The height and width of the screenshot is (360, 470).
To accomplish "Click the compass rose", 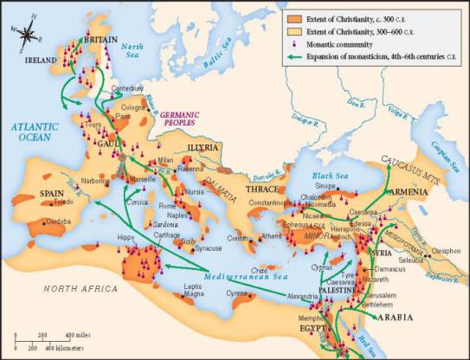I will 27,35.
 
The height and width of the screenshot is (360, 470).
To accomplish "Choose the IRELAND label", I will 41,60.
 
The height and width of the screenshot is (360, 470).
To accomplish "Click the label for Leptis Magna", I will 196,290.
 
